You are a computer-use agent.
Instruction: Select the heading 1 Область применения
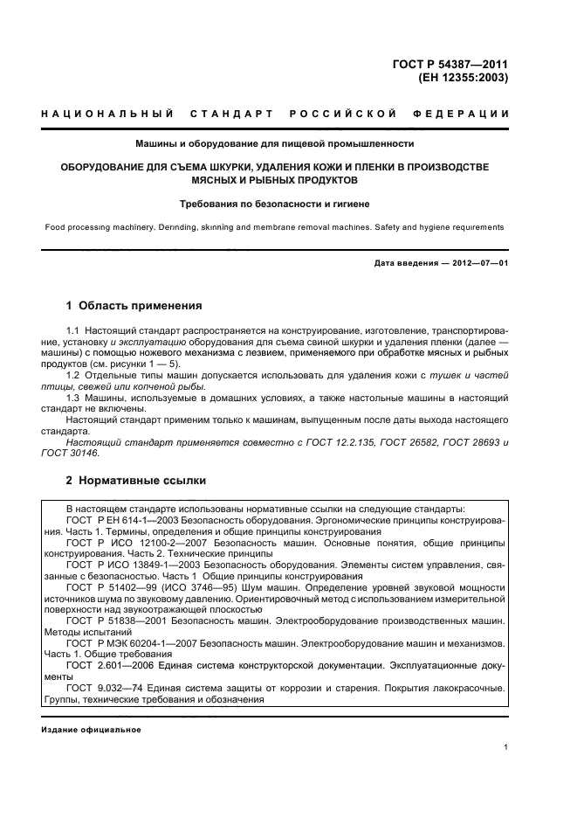134,306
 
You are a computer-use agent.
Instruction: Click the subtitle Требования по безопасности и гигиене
275,204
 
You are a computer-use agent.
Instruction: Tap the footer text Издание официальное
91,730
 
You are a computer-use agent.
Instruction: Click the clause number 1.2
73,375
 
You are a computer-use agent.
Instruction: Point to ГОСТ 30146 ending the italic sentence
71,454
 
